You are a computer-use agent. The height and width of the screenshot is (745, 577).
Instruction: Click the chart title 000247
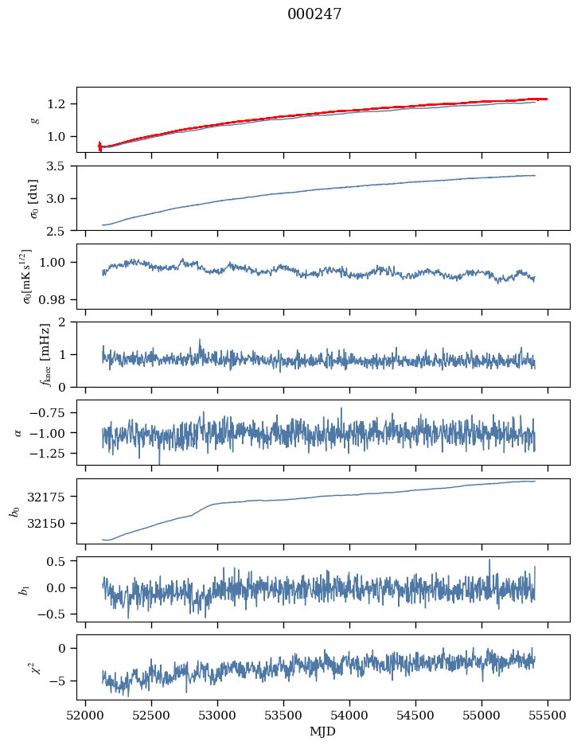314,14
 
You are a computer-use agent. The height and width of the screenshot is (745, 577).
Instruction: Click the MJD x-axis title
323,731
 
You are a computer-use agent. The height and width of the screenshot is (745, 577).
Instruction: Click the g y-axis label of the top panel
34,119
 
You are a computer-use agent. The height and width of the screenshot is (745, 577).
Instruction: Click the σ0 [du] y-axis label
34,197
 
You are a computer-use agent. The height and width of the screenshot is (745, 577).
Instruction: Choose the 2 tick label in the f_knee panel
67,322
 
